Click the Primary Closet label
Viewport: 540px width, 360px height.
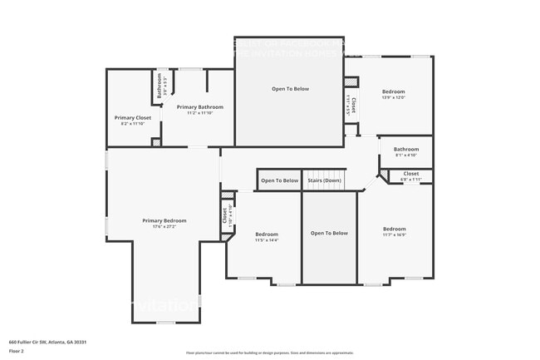pos(133,118)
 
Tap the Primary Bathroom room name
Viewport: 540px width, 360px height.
pos(199,107)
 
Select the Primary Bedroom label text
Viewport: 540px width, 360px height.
pos(164,220)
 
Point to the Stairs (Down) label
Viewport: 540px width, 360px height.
pos(324,180)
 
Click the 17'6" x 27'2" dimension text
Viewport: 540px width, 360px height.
pos(164,227)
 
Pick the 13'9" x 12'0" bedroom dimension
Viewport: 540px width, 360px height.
pos(394,98)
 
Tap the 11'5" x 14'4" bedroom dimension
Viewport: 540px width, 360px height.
pos(267,241)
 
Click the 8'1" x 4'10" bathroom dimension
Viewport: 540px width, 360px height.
pos(405,155)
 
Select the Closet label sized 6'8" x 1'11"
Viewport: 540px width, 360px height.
pos(410,173)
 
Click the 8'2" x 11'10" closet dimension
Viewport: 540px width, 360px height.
pos(133,125)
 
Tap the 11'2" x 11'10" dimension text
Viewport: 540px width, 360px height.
pos(199,114)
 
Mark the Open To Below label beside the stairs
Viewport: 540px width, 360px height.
pos(279,180)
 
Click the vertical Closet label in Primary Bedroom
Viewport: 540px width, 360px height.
pos(224,215)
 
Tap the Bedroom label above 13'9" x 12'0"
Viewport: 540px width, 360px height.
pos(394,91)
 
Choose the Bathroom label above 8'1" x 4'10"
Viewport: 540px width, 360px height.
pos(405,149)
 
